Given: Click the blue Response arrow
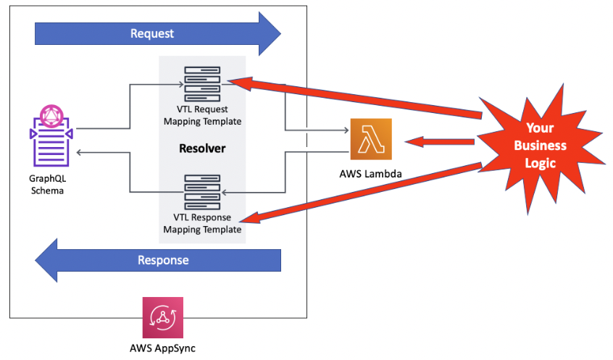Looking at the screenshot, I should [x=159, y=260].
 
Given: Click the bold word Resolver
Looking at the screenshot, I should [x=202, y=148].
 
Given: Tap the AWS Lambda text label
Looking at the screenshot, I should [x=370, y=174].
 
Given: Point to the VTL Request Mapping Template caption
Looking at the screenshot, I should [x=203, y=115].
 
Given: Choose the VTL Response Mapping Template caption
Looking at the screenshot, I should [x=202, y=224].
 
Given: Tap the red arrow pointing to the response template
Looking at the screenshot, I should [x=362, y=193].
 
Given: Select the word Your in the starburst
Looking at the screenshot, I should [x=540, y=128].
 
